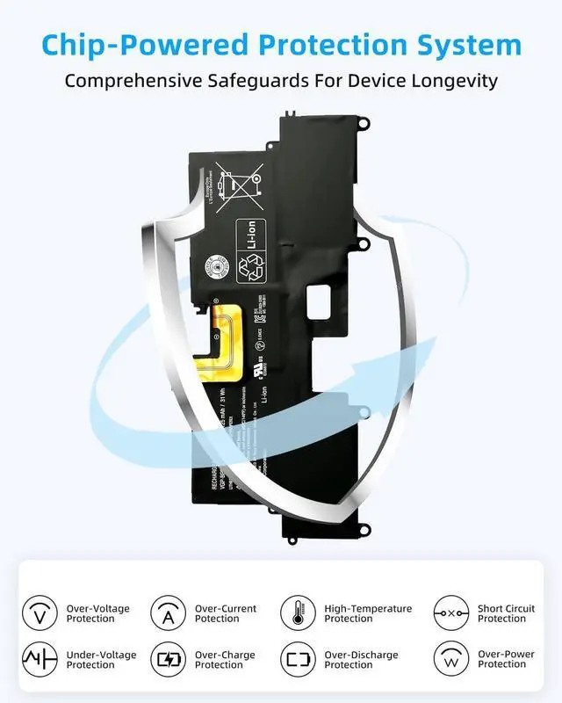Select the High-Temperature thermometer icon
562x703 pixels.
299,612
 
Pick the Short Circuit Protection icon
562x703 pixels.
451,612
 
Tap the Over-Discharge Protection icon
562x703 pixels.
299,659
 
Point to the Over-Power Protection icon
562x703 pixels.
451,659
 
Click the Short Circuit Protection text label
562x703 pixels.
506,613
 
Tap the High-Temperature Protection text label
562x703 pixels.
368,613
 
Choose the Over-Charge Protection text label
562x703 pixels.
226,660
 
